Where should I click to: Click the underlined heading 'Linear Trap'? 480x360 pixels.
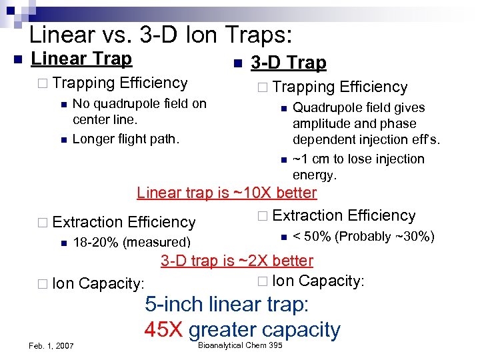pyautogui.click(x=81, y=59)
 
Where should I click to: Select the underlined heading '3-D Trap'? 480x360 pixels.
pyautogui.click(x=288, y=63)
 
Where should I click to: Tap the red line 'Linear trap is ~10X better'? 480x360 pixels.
pyautogui.click(x=227, y=193)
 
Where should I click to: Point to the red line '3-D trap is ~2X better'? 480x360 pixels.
pyautogui.click(x=237, y=261)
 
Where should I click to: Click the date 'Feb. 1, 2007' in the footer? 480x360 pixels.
pyautogui.click(x=51, y=345)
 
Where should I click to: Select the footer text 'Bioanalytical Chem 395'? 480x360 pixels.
pyautogui.click(x=240, y=345)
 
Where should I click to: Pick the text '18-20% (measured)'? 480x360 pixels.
pyautogui.click(x=131, y=242)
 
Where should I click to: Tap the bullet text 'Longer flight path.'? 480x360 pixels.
pyautogui.click(x=125, y=139)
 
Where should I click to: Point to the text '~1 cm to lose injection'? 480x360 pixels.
pyautogui.click(x=359, y=159)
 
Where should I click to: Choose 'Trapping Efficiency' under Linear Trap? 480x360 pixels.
pyautogui.click(x=119, y=83)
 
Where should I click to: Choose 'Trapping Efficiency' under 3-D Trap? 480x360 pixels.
pyautogui.click(x=339, y=87)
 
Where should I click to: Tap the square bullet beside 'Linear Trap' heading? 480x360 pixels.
pyautogui.click(x=17, y=59)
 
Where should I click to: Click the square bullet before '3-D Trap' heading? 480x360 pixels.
pyautogui.click(x=237, y=64)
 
